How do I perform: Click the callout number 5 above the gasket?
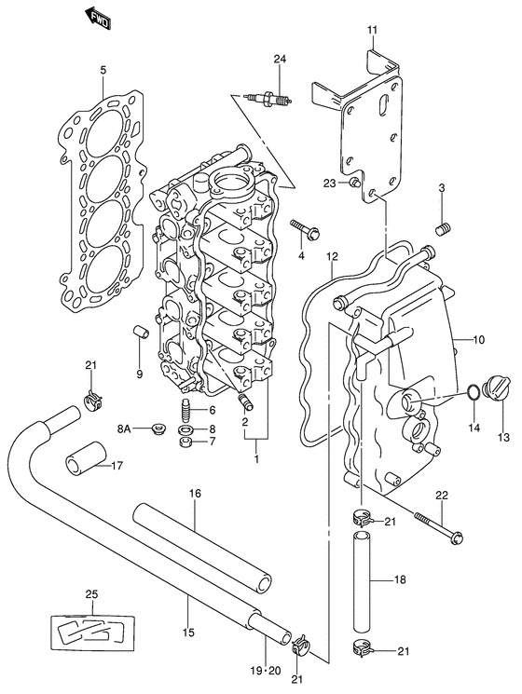[103, 70]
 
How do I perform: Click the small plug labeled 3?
[445, 226]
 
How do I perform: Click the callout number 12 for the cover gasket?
[332, 256]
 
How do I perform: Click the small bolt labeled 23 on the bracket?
[356, 184]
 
